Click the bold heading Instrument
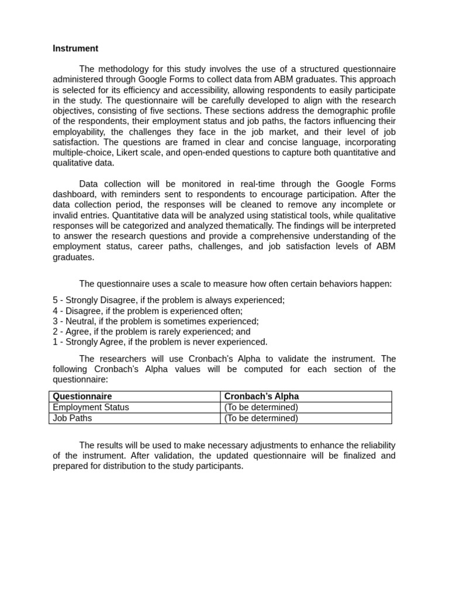pos(75,49)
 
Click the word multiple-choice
pos(80,153)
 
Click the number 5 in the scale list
pos(55,300)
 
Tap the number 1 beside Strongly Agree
pos(55,342)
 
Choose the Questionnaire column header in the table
pos(82,397)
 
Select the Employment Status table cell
pos(91,407)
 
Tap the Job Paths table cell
pos(72,418)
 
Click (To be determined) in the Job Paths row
pos(261,418)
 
